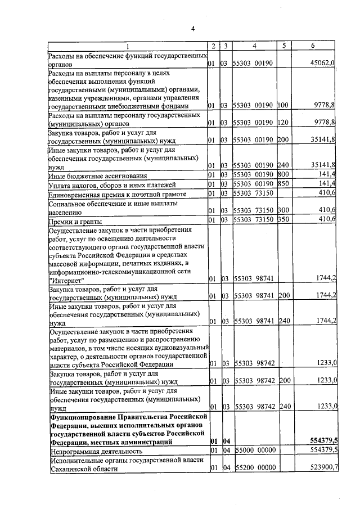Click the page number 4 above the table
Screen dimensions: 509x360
pyautogui.click(x=192, y=29)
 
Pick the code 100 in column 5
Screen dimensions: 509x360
pyautogui.click(x=283, y=105)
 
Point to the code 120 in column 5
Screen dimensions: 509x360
pyautogui.click(x=283, y=122)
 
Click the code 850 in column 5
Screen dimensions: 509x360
pyautogui.click(x=283, y=184)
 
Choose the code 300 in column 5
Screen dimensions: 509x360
pyautogui.click(x=283, y=210)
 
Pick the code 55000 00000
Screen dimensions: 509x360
pyautogui.click(x=254, y=451)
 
